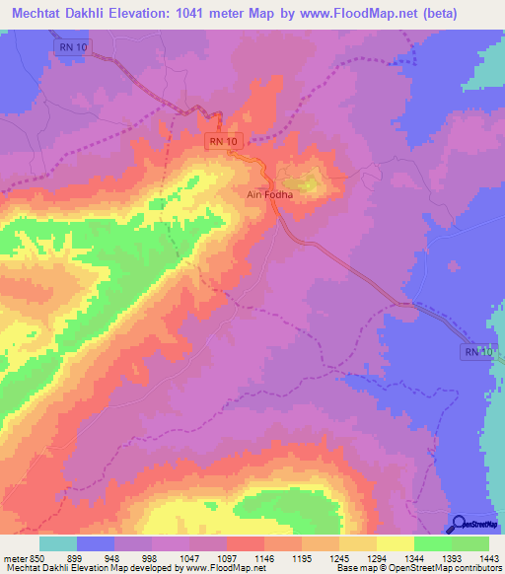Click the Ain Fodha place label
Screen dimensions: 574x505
tap(270, 195)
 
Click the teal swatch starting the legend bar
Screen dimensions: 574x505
tap(58, 543)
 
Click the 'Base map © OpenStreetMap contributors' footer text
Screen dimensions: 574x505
tap(417, 567)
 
